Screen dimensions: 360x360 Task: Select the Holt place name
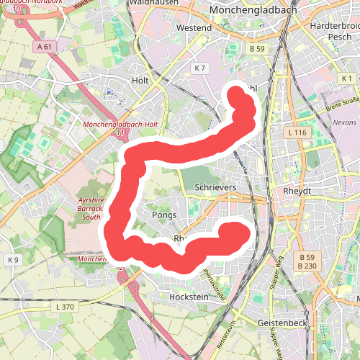pos(140,81)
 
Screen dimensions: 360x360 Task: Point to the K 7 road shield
pos(199,68)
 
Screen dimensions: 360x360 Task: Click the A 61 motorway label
pos(44,47)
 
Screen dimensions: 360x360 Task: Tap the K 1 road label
pos(348,78)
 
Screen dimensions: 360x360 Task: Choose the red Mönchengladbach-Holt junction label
pos(120,124)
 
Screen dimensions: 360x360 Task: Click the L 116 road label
pos(296,133)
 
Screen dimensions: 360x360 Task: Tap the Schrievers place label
pos(216,187)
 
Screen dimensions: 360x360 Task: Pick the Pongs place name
pos(164,215)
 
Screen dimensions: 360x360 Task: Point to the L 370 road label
pos(65,307)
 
